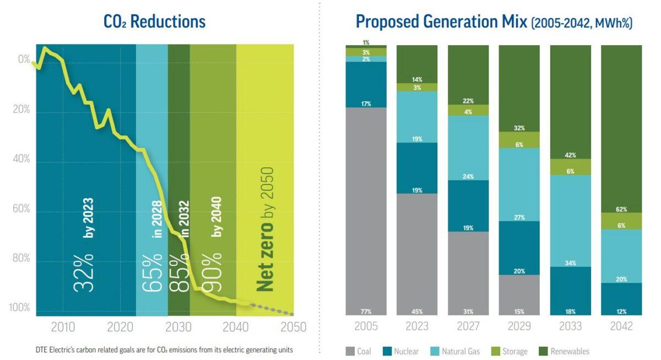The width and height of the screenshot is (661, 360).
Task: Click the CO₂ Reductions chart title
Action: (x=155, y=21)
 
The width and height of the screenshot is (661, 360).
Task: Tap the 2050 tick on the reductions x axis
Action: (x=293, y=327)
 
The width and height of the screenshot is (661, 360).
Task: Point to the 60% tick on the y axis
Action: (x=21, y=209)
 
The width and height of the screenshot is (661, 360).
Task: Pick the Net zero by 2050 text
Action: (x=266, y=229)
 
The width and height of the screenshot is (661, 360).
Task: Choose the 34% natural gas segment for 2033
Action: (x=570, y=221)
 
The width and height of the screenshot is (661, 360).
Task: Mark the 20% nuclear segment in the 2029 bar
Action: (x=519, y=248)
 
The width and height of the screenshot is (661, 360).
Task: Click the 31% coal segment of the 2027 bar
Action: (x=468, y=273)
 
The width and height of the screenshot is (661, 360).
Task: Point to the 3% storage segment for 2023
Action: (x=417, y=88)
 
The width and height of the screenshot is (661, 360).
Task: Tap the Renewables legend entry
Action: (x=563, y=351)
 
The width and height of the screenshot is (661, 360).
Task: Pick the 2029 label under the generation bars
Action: (x=519, y=326)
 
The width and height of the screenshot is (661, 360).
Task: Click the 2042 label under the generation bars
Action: (x=621, y=326)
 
